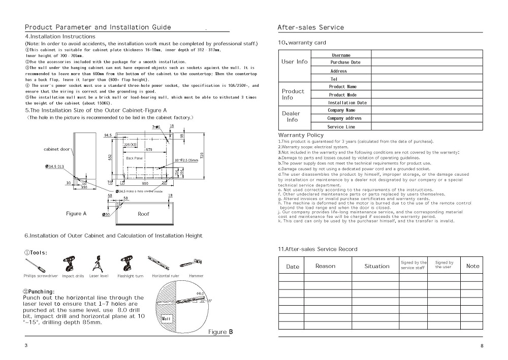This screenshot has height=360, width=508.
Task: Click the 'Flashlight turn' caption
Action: coord(130,276)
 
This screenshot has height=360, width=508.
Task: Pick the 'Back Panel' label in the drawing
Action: coord(134,158)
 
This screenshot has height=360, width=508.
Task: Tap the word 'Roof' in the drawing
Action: coord(143,214)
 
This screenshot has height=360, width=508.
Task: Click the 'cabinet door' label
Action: coord(56,149)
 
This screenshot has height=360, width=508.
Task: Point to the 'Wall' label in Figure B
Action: coord(167,318)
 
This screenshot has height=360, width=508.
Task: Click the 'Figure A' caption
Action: coord(76,214)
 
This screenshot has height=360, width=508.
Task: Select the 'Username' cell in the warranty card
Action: coord(341,55)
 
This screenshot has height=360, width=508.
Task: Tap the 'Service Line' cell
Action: coord(341,127)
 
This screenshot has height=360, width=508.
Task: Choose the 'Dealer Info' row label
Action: coord(292,117)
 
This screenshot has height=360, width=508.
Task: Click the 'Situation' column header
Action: coord(376,266)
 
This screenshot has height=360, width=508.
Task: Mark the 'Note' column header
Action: coord(472,266)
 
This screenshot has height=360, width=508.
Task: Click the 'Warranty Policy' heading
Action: coord(301,135)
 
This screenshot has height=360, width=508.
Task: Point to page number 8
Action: coord(482,346)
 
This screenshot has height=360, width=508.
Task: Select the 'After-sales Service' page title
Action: coord(310,27)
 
